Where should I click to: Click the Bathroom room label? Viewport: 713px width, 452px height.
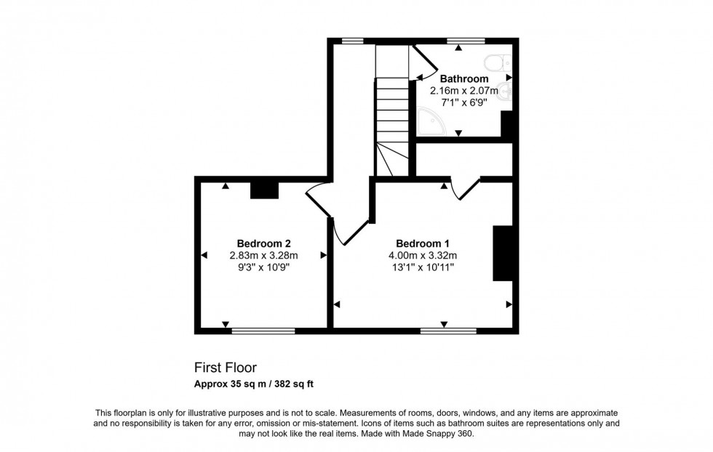coord(463,78)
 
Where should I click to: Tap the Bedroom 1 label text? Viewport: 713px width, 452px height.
coord(423,243)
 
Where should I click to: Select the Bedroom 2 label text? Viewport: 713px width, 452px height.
coord(264,243)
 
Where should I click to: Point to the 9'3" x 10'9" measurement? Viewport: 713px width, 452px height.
coord(264,267)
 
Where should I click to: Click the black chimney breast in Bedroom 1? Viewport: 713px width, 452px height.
coord(503,253)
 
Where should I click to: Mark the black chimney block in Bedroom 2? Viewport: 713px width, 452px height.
coord(264,190)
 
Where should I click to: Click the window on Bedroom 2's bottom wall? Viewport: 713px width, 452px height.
coord(263,331)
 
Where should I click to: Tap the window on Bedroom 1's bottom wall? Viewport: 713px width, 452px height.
coord(448,331)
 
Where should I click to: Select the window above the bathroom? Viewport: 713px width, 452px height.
coord(466,41)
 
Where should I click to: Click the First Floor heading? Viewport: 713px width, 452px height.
coord(225,368)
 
